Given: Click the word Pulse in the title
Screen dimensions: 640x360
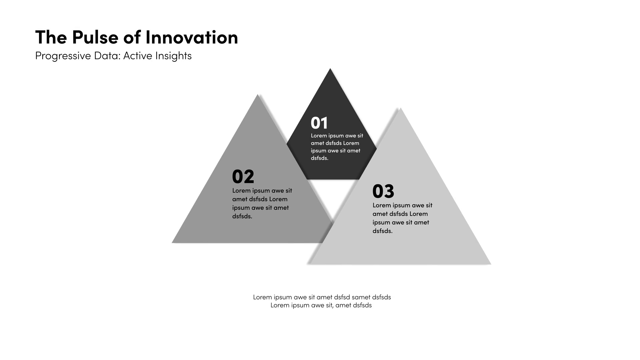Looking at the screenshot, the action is point(95,37).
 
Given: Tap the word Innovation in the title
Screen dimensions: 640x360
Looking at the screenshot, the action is point(192,37).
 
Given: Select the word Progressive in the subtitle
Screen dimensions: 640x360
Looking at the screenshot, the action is point(63,56).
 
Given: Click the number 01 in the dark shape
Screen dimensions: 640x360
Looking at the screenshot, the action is point(319,123).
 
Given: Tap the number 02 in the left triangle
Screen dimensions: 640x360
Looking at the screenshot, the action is point(243,177).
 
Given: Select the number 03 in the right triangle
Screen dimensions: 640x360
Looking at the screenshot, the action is point(383,191).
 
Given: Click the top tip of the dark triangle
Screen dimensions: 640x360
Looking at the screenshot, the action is point(330,69).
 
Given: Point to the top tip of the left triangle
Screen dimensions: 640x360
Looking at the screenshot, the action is point(258,95).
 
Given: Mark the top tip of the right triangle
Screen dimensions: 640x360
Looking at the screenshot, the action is point(400,108).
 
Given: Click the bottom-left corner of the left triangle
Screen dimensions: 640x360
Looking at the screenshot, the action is point(172,242).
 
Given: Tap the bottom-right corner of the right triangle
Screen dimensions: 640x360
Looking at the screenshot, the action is point(490,264).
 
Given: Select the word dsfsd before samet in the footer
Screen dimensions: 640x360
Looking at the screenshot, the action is point(342,297).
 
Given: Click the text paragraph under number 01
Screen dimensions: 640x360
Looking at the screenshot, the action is point(337,147).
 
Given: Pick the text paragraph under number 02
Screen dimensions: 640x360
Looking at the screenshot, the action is point(262,203).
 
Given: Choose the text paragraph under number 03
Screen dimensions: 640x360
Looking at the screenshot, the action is point(402,218).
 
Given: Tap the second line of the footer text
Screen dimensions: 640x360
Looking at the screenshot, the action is point(321,305).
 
